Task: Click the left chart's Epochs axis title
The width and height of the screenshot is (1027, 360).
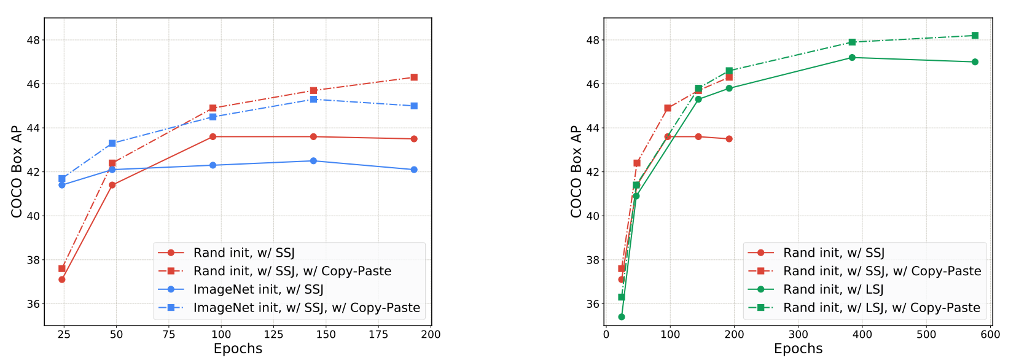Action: point(238,349)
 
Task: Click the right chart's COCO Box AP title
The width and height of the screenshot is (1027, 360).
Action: point(576,171)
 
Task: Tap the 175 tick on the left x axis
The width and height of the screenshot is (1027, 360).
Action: point(378,335)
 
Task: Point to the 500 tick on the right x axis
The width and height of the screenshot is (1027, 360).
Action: point(926,335)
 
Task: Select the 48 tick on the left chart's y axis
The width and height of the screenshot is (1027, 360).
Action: point(33,40)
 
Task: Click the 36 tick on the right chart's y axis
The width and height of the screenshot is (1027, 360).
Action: point(593,304)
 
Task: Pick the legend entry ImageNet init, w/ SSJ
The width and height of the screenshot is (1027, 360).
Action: point(258,289)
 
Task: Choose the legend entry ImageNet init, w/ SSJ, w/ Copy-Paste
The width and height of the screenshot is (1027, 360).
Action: point(307,308)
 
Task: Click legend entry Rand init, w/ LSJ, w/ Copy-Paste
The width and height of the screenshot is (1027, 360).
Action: point(881,308)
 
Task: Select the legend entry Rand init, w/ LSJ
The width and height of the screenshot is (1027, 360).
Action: point(833,289)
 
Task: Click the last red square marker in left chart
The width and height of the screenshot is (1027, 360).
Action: point(414,77)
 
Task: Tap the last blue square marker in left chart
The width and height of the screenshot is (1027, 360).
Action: point(414,106)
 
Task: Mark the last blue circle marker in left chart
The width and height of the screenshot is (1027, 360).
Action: point(414,170)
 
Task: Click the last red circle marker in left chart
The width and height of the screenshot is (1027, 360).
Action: point(414,139)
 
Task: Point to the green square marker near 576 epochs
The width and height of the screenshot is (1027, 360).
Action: point(975,36)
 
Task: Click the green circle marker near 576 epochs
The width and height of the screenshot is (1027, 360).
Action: point(975,62)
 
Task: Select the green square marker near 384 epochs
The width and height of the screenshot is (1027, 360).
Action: point(852,42)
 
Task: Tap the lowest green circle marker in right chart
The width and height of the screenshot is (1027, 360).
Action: point(622,317)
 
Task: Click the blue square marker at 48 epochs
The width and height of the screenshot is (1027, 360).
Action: point(112,143)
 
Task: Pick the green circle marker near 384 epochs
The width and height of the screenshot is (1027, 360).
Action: point(852,58)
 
